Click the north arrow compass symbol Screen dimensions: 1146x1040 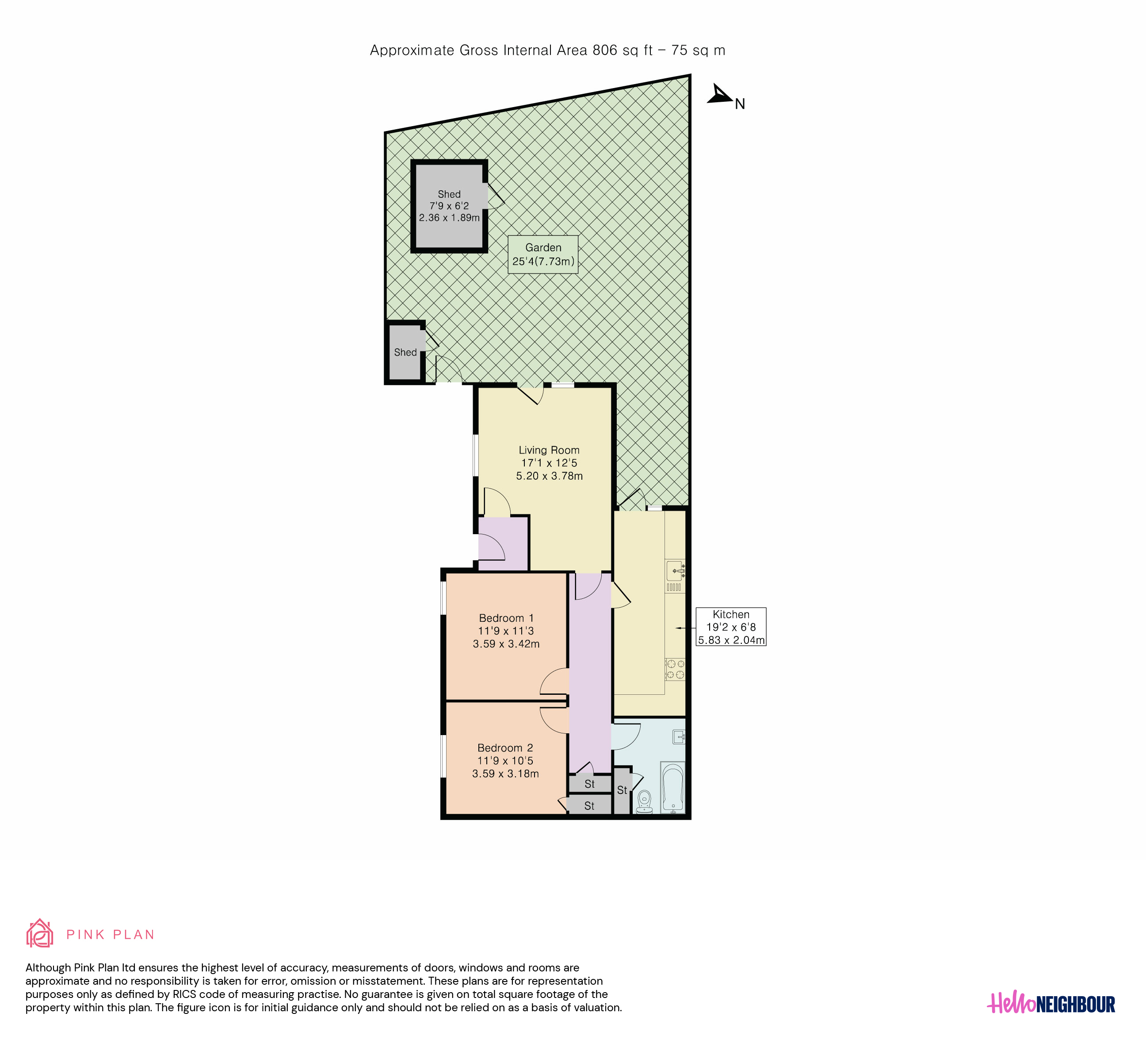tap(721, 95)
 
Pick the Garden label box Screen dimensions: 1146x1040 tap(543, 254)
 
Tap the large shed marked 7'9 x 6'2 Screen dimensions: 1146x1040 tap(449, 206)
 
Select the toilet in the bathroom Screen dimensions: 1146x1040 tap(644, 801)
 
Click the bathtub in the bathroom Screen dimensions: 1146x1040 tap(673, 788)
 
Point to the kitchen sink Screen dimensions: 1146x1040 tap(675, 570)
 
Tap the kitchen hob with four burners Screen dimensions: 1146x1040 tap(675, 669)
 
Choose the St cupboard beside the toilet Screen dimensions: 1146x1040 tap(623, 790)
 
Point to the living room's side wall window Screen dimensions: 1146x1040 tap(476, 455)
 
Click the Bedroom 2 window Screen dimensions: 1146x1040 tap(443, 756)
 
